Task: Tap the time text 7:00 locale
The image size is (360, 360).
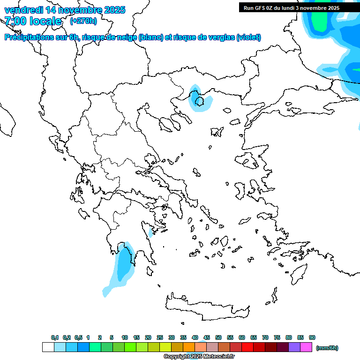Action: click(x=33, y=21)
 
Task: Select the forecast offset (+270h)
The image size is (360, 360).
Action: click(x=83, y=21)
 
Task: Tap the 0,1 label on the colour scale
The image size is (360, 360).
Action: click(x=55, y=337)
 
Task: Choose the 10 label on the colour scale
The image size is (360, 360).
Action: click(x=125, y=337)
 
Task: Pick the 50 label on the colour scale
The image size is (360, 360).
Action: click(x=218, y=337)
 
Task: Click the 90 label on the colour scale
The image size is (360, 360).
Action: click(x=312, y=337)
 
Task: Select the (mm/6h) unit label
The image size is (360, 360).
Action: click(x=327, y=348)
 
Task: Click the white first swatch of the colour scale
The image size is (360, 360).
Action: click(x=48, y=347)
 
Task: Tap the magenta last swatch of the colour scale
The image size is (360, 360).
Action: click(x=306, y=347)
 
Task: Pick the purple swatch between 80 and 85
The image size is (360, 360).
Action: click(x=294, y=347)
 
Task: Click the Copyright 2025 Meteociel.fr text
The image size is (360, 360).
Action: click(x=199, y=357)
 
